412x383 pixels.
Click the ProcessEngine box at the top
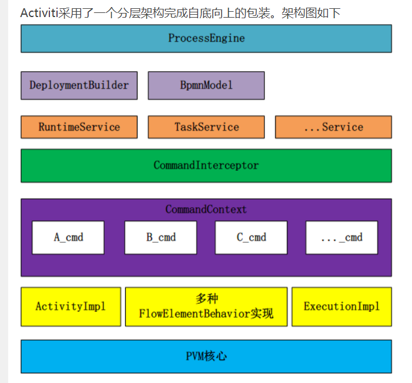(x=206, y=38)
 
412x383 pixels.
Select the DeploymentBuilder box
(x=79, y=85)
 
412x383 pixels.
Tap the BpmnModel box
(x=206, y=85)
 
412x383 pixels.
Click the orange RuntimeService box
(x=79, y=127)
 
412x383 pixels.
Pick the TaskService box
(x=206, y=127)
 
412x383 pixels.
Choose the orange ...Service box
(x=333, y=127)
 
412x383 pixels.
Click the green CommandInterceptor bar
(x=206, y=165)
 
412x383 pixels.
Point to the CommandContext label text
(x=206, y=209)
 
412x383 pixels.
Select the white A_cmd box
(x=68, y=238)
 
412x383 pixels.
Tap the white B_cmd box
(x=160, y=238)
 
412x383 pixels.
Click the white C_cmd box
(x=251, y=238)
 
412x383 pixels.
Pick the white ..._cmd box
(x=341, y=238)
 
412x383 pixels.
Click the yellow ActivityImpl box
(x=71, y=307)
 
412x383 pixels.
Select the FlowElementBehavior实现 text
(x=206, y=314)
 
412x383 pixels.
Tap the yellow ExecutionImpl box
(x=341, y=307)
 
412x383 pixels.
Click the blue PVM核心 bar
(x=206, y=357)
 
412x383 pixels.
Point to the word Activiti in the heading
(x=39, y=13)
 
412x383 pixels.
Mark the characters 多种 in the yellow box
(x=206, y=299)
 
